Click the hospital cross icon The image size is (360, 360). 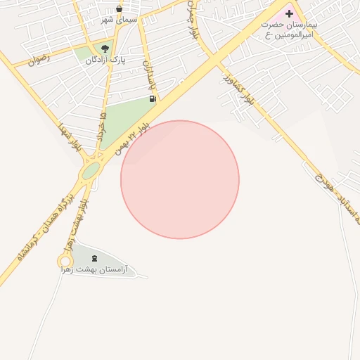289,13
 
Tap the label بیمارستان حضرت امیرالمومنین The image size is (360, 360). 289,30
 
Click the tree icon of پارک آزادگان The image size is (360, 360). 105,49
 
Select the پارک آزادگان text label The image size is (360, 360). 105,60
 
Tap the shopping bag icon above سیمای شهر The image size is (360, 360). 118,9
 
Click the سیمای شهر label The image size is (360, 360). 116,20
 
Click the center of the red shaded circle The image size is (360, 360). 180,180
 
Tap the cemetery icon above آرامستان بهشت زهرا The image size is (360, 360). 95,257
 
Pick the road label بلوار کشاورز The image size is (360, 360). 243,91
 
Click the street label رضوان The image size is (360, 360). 39,60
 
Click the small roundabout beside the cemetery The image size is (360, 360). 65,262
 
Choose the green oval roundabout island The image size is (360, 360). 91,171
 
